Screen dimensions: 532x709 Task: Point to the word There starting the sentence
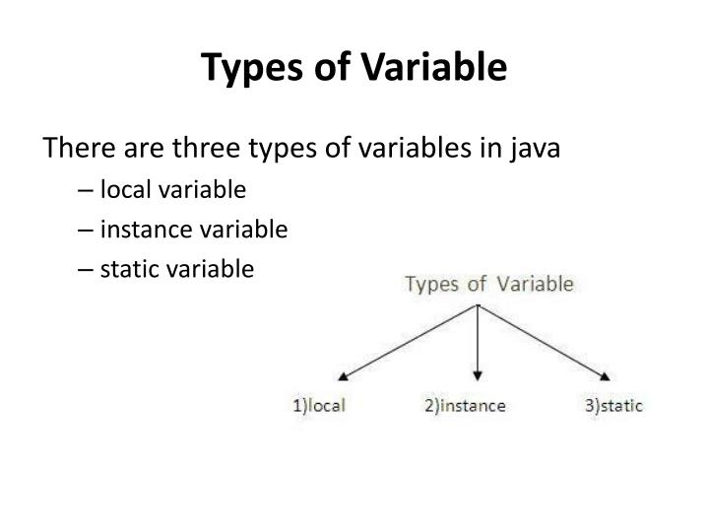[x=75, y=151]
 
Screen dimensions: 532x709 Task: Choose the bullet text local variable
[x=173, y=189]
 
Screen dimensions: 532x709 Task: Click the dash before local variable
[x=106, y=190]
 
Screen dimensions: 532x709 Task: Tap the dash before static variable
[x=106, y=269]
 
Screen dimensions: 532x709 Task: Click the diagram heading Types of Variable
[x=489, y=285]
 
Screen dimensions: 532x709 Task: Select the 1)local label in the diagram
[x=319, y=405]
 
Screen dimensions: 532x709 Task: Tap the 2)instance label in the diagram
[x=465, y=405]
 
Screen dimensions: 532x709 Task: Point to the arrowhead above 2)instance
[x=478, y=375]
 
